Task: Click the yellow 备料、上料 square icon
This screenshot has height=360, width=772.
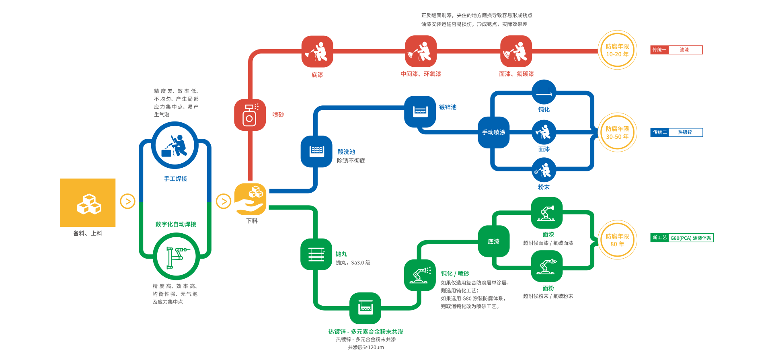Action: click(x=88, y=203)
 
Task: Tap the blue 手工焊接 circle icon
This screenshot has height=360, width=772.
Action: click(x=175, y=145)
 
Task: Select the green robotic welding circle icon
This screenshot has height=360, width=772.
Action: click(x=176, y=257)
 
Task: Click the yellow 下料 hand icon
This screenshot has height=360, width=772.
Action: click(x=250, y=199)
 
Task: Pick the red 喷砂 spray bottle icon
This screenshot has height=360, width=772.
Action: click(x=250, y=115)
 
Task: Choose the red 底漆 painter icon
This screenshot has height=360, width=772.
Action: click(x=317, y=51)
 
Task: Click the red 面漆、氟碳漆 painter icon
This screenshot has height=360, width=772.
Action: click(x=516, y=51)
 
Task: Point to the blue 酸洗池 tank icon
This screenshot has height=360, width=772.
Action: click(x=316, y=151)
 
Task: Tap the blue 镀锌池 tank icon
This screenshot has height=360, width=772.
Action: click(x=420, y=111)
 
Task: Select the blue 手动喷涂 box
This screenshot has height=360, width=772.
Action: click(x=494, y=132)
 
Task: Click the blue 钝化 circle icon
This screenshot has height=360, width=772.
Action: click(x=544, y=92)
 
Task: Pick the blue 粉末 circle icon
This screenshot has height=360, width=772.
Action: click(x=544, y=170)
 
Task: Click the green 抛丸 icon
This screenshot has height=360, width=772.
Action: click(x=316, y=254)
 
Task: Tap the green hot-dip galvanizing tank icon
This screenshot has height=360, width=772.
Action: click(x=365, y=308)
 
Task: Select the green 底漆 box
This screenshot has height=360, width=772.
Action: click(x=494, y=241)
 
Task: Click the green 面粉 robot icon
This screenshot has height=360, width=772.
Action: click(x=546, y=266)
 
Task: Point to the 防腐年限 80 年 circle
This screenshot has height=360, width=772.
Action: click(x=617, y=240)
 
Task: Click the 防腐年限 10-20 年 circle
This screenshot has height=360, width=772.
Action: click(x=617, y=50)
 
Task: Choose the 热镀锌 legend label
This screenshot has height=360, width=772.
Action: click(x=685, y=132)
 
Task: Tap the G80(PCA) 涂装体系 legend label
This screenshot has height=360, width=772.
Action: click(x=690, y=238)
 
